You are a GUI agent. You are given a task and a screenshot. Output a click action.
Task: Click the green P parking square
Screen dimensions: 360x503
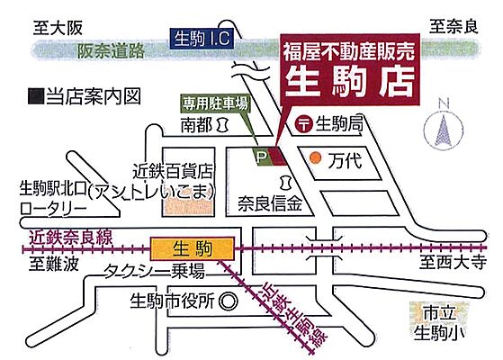(263, 157)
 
